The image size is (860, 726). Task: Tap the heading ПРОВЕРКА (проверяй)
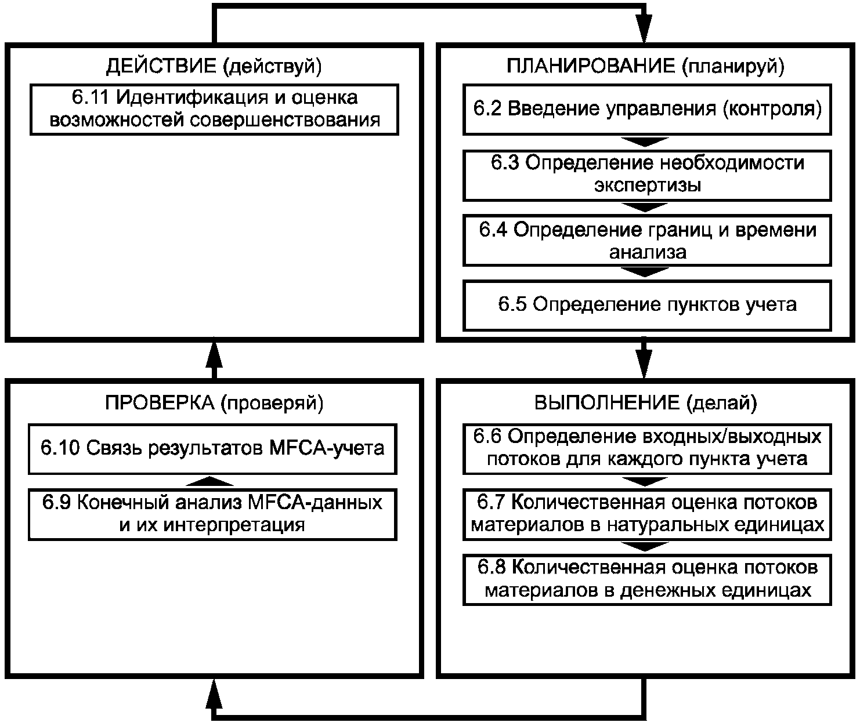[x=214, y=403]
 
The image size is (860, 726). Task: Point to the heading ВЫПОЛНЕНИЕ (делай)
[x=645, y=403]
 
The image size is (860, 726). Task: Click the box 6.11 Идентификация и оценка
[x=214, y=110]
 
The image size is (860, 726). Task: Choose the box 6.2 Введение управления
[x=647, y=110]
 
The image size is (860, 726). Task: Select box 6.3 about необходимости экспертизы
[x=647, y=175]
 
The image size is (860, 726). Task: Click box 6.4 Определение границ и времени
[x=647, y=241]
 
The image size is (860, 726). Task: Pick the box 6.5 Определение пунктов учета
[x=647, y=305]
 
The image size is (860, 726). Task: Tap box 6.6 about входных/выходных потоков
[x=647, y=448]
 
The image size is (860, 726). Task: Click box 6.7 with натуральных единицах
[x=647, y=514]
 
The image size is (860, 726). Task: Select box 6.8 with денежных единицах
[x=647, y=579]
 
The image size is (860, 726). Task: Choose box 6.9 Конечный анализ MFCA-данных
[x=212, y=514]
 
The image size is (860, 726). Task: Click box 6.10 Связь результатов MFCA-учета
[x=212, y=448]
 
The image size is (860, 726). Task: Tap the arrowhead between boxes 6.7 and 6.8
[x=645, y=547]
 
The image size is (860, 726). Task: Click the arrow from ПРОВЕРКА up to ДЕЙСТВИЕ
[x=214, y=358]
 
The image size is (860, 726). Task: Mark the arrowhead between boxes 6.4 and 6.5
[x=645, y=273]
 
